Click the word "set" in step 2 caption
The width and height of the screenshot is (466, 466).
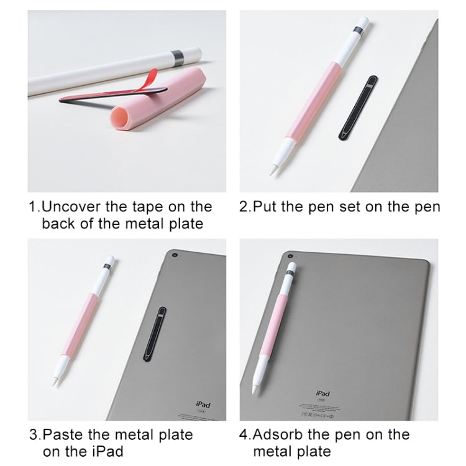(340, 207)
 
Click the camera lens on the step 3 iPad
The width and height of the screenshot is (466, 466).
(176, 256)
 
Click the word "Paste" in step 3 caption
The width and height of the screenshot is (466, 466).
(65, 434)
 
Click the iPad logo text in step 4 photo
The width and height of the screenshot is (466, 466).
(323, 393)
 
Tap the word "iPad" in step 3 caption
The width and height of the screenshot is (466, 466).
(107, 451)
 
